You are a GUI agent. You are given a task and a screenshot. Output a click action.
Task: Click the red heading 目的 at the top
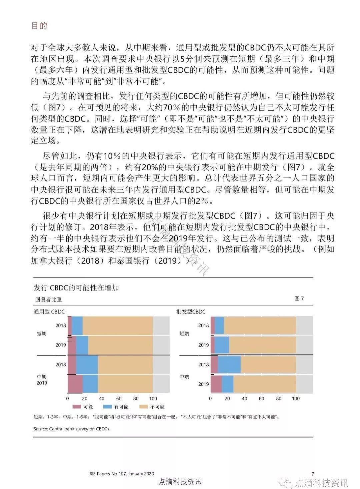(x=39, y=26)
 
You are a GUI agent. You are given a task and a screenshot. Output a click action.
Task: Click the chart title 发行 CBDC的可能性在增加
(x=76, y=288)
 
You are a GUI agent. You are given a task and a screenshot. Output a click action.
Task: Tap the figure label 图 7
(x=299, y=299)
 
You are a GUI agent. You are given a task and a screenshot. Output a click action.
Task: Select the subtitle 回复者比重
(x=48, y=299)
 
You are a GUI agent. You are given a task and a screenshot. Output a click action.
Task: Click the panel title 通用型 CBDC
(x=49, y=312)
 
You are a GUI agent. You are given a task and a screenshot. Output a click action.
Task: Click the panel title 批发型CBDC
(x=191, y=312)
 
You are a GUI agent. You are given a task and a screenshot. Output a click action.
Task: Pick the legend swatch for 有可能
(x=108, y=407)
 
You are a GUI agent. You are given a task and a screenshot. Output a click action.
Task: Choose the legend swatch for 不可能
(x=144, y=407)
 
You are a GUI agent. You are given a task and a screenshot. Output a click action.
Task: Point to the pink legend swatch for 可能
(x=77, y=407)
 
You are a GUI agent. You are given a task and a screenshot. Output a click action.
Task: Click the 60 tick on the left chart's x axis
(x=119, y=398)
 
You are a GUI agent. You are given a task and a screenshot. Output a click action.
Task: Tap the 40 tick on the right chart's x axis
(x=244, y=398)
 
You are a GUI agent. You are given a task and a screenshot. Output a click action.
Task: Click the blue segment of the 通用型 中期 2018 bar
(x=87, y=364)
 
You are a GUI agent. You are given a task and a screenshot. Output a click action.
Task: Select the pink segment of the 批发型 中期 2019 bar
(x=216, y=384)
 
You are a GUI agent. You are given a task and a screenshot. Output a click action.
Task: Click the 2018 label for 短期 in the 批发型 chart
(x=203, y=325)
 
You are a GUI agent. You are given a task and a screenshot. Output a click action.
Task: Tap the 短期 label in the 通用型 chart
(x=42, y=334)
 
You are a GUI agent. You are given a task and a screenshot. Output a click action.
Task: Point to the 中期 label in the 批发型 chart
(x=184, y=377)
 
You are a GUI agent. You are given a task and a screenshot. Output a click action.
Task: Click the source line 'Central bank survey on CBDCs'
(x=72, y=429)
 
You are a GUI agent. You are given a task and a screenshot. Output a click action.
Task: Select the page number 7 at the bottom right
(x=313, y=474)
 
